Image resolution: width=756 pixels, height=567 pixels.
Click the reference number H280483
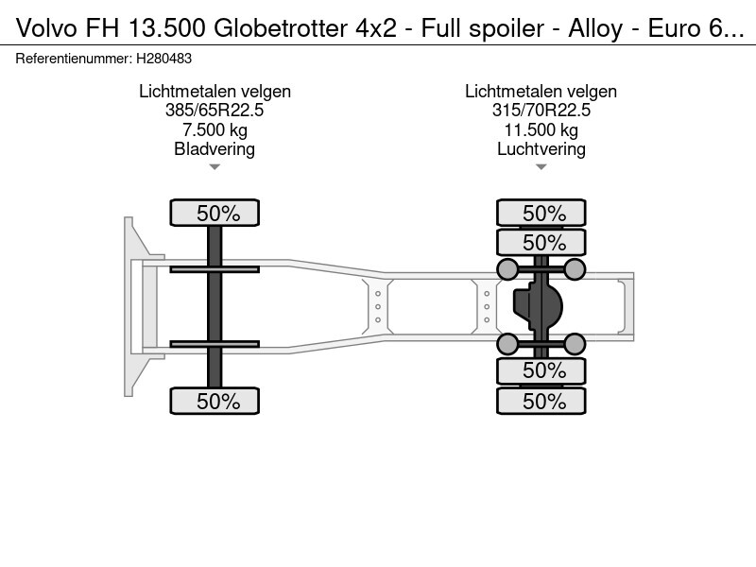163,59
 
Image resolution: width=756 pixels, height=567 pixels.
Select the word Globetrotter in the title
280,28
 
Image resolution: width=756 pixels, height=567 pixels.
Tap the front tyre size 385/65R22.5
215,111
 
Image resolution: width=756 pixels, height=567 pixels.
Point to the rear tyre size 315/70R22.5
541,111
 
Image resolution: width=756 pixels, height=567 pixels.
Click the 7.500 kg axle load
215,129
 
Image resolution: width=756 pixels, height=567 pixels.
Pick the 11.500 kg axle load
541,129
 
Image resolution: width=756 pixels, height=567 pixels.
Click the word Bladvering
215,149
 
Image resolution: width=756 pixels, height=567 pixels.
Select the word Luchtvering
541,149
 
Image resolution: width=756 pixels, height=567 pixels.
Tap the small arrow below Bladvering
215,167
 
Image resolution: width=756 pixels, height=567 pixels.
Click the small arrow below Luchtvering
541,167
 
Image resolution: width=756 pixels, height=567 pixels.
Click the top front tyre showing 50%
215,213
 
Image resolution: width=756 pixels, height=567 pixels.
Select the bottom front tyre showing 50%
215,401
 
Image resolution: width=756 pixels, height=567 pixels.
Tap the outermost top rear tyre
541,213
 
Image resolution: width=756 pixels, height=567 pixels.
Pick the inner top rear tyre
541,242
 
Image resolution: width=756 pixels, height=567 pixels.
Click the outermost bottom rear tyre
541,401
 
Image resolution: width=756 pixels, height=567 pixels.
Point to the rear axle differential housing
538,306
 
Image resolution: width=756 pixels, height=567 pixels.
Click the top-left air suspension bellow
507,269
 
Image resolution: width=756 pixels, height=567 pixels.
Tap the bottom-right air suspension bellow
575,344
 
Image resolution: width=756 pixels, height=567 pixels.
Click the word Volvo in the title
46,28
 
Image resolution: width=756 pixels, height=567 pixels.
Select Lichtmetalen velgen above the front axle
215,91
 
